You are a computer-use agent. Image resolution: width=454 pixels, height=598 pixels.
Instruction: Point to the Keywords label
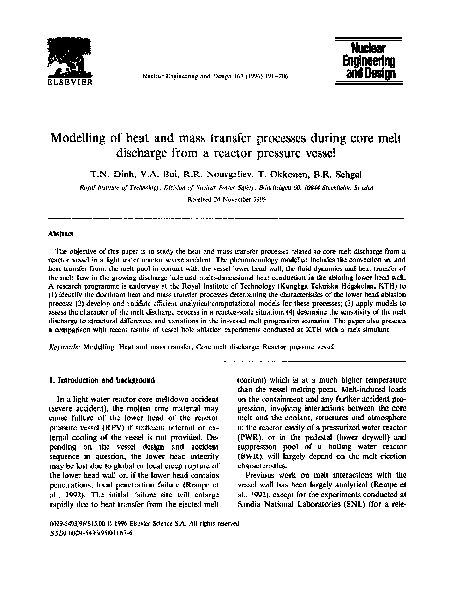[69, 317]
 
